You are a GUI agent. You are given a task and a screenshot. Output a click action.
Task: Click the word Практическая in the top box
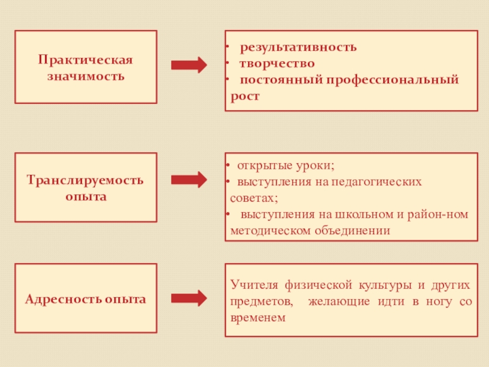coord(86,61)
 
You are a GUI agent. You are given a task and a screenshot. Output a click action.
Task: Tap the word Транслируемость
coord(86,181)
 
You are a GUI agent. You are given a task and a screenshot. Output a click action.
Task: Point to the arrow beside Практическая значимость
coord(189,65)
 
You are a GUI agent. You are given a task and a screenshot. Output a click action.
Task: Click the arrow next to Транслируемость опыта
coord(189,180)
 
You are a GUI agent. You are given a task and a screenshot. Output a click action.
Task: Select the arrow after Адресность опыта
coord(189,298)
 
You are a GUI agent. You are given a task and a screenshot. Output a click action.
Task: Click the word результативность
coord(298,47)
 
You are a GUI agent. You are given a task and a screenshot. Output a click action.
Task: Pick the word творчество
coord(277,64)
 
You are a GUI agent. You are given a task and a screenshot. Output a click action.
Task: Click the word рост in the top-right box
coord(246,96)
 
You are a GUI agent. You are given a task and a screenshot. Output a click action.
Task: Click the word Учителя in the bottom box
coord(253,285)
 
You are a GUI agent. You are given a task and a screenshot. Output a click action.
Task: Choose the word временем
coord(259,319)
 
